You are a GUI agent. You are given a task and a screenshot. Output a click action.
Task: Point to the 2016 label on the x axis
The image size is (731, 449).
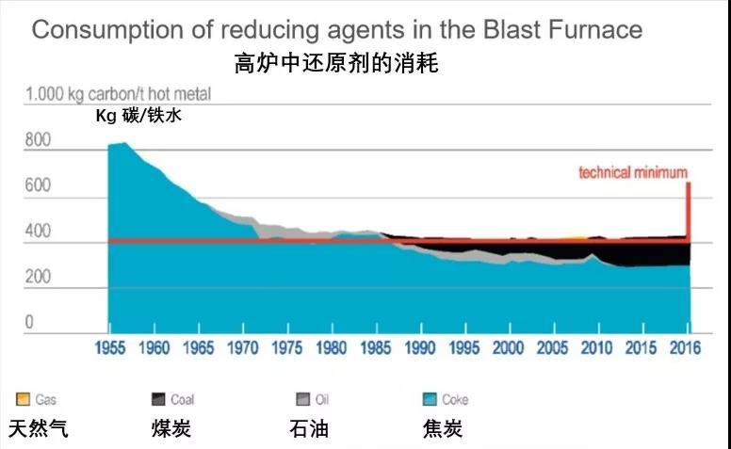click(x=689, y=348)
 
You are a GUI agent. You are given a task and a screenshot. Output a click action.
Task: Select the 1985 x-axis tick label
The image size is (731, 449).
click(x=377, y=348)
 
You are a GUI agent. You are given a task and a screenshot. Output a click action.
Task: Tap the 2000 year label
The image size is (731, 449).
click(x=510, y=348)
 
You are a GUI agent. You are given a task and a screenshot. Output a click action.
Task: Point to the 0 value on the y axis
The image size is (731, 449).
click(x=28, y=322)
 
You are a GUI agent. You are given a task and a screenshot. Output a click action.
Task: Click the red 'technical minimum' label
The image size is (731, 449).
click(x=632, y=172)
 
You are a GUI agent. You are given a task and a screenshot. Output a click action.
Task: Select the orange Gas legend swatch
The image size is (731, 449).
click(x=22, y=399)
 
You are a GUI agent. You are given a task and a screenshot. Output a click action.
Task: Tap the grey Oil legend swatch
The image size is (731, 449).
click(x=303, y=399)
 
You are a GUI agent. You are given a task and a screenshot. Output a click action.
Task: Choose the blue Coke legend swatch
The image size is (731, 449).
click(x=430, y=399)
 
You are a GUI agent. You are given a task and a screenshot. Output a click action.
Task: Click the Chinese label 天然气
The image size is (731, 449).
click(x=39, y=429)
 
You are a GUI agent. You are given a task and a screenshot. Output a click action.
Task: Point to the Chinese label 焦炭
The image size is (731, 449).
click(x=443, y=429)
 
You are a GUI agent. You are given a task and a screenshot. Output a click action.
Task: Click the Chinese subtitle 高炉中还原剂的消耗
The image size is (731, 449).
click(x=336, y=64)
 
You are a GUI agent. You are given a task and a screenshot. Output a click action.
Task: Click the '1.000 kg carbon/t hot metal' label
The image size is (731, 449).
click(x=119, y=94)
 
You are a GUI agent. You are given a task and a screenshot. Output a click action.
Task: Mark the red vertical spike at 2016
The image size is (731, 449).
click(x=689, y=212)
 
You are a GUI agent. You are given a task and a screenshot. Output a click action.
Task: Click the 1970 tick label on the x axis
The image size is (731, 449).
click(x=243, y=348)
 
